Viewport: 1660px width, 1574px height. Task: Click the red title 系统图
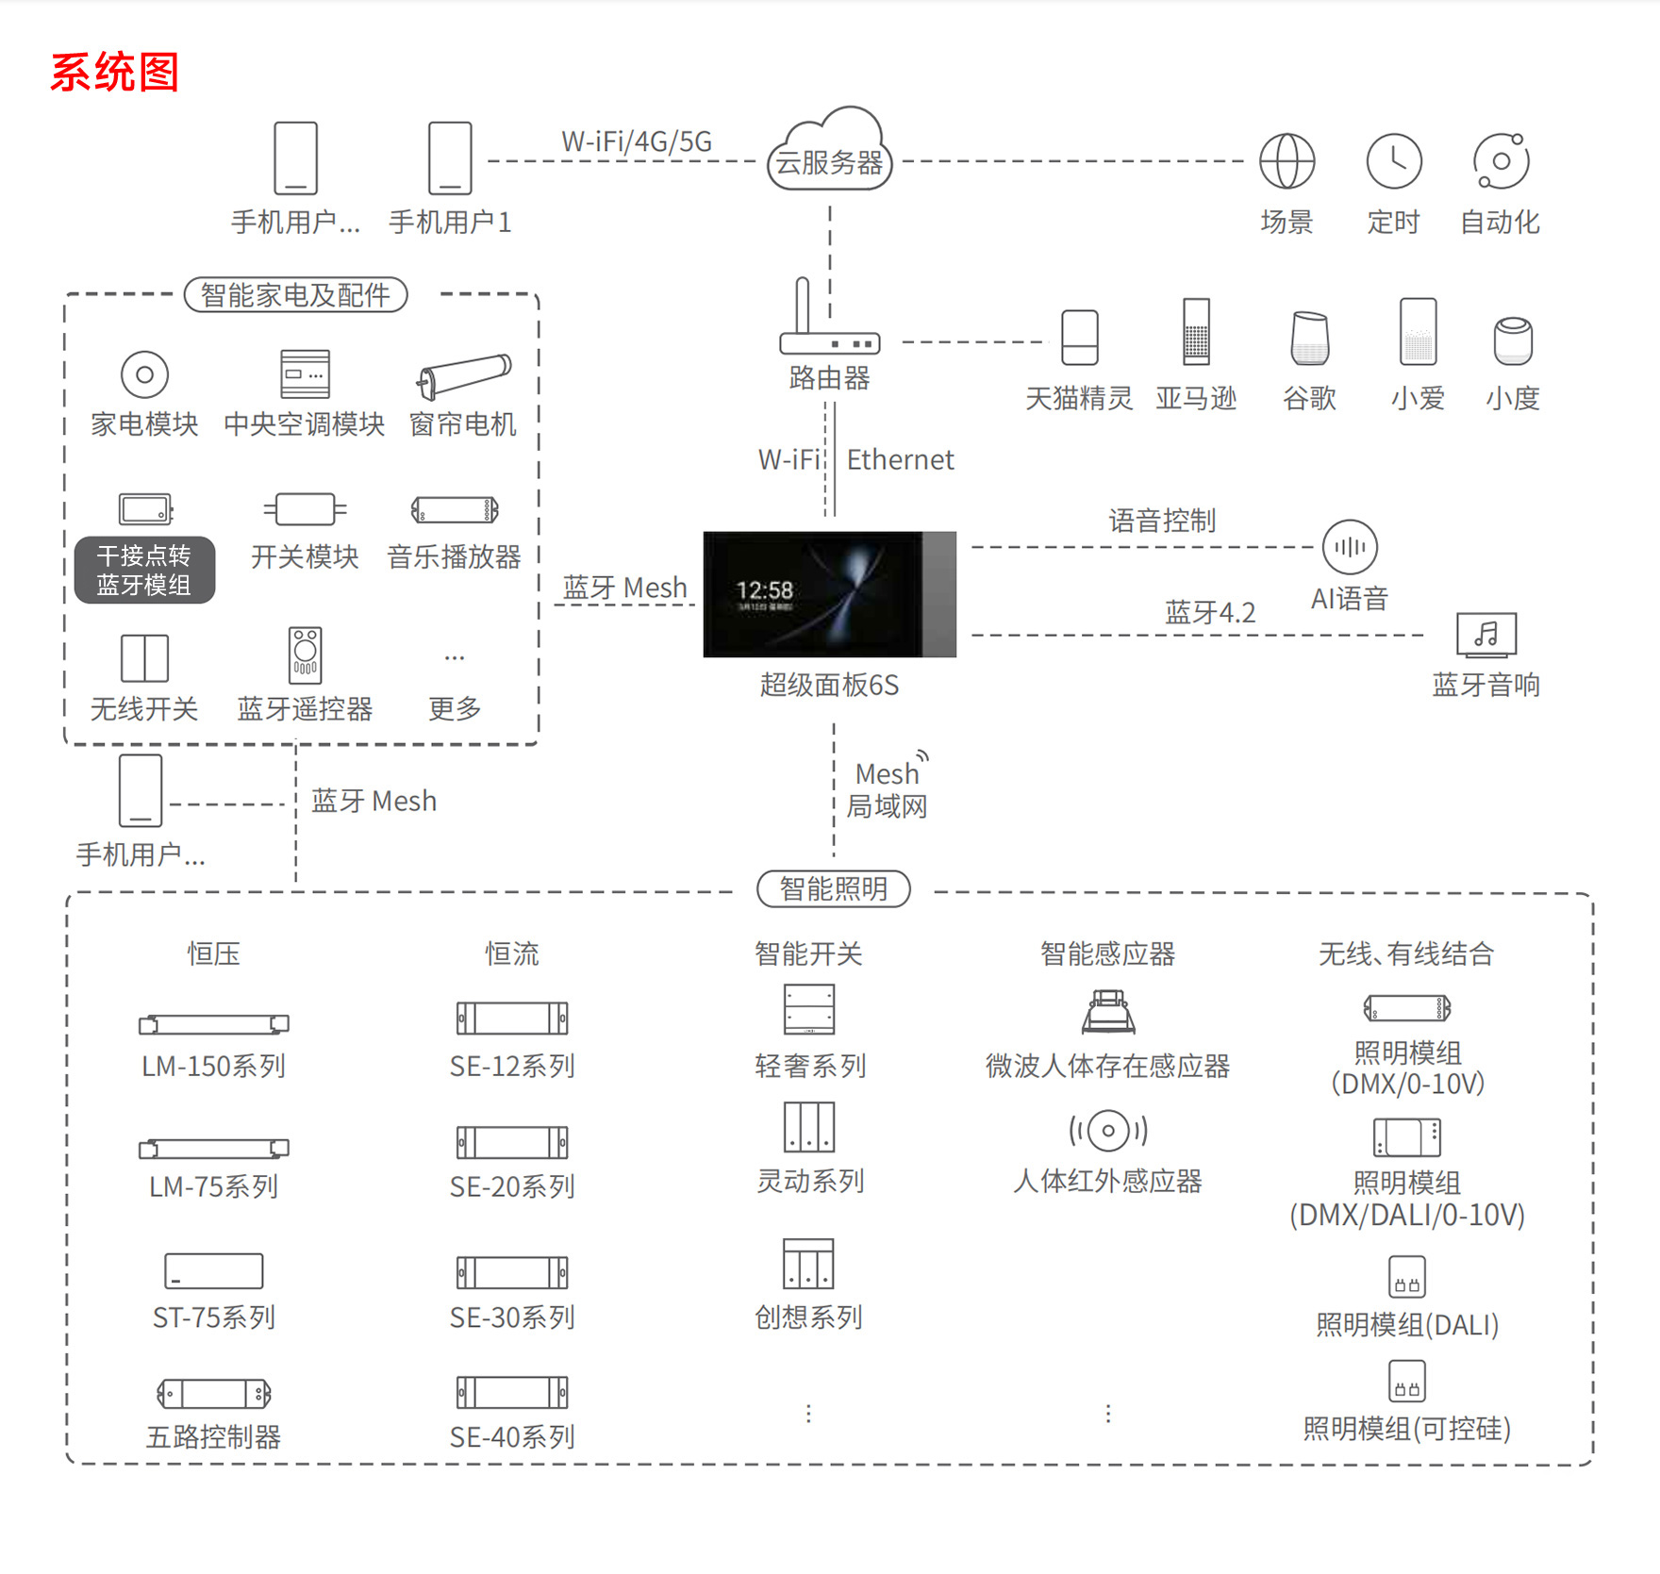(x=114, y=73)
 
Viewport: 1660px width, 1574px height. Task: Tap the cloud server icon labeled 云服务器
(x=829, y=152)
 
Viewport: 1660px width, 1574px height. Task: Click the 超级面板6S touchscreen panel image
(x=829, y=594)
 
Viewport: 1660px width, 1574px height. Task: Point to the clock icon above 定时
(x=1394, y=161)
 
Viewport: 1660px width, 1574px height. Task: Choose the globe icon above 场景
(x=1287, y=161)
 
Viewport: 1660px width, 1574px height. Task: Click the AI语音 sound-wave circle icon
(x=1350, y=547)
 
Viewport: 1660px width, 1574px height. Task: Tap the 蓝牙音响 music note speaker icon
(x=1486, y=634)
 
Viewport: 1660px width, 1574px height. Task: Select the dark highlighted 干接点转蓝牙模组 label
(x=144, y=570)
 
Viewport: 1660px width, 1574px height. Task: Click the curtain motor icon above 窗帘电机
(x=464, y=376)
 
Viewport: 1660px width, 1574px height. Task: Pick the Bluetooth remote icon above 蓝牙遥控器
(x=305, y=654)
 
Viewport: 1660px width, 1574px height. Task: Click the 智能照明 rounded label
(x=834, y=888)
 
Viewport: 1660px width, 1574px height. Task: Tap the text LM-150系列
(x=214, y=1067)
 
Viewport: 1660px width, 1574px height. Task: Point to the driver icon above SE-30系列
(x=512, y=1272)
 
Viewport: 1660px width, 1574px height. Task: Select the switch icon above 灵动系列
(x=809, y=1127)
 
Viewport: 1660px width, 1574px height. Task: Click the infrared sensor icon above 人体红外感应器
(x=1108, y=1130)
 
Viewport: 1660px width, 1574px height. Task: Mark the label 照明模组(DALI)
(x=1407, y=1325)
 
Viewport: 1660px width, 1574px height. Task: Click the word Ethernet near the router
(x=900, y=460)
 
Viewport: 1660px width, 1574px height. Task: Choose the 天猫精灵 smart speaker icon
(x=1080, y=338)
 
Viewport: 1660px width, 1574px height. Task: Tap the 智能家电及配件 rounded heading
(x=296, y=295)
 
